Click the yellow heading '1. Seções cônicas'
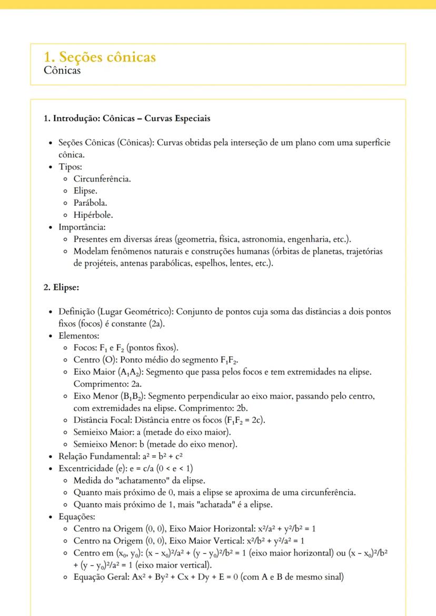click(x=100, y=57)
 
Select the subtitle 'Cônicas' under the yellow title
click(x=63, y=70)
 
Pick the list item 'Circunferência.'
click(x=102, y=179)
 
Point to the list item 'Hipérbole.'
click(x=93, y=215)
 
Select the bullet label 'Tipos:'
click(x=71, y=167)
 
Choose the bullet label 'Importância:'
click(x=82, y=227)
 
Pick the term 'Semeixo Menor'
click(x=103, y=444)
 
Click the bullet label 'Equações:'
click(x=78, y=517)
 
